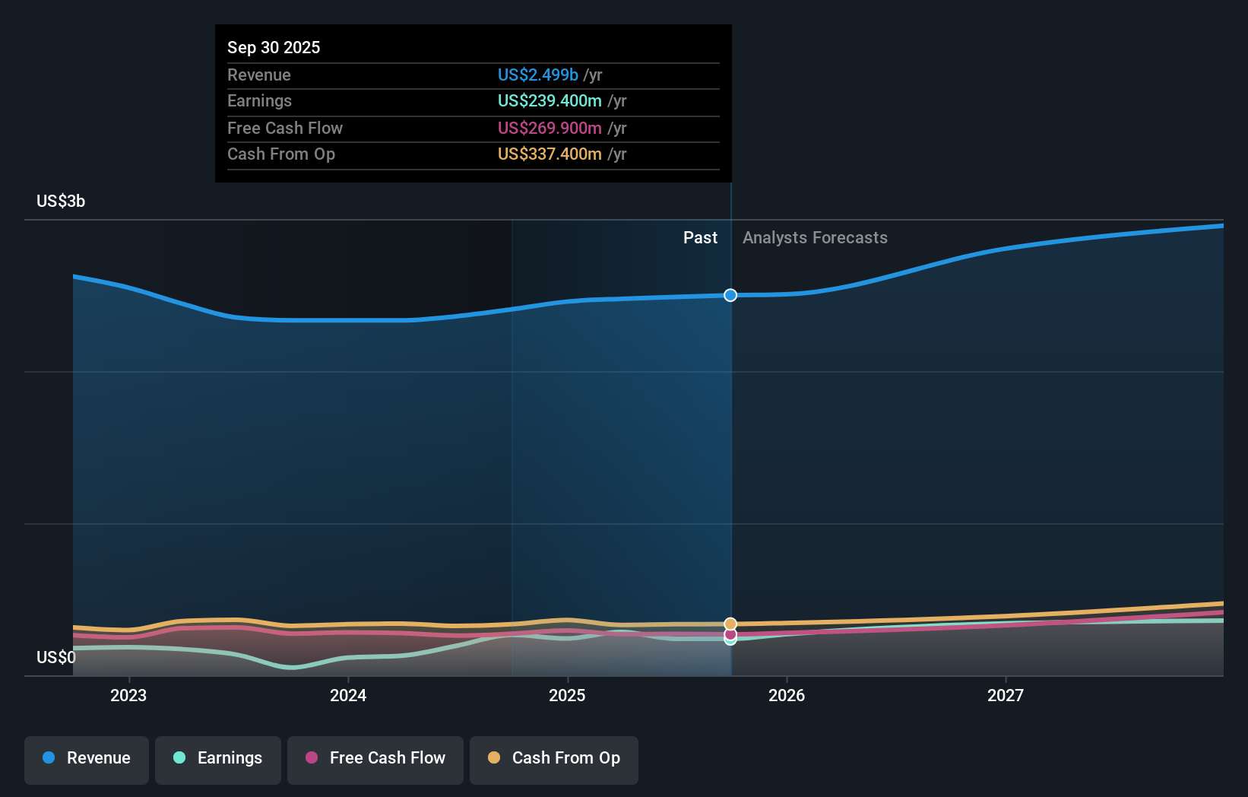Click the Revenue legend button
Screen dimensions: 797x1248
click(87, 759)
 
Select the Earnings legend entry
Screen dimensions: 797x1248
click(218, 759)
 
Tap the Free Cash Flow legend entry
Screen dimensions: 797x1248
click(375, 759)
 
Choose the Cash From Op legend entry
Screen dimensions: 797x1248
click(554, 759)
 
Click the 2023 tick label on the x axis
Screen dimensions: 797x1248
click(128, 696)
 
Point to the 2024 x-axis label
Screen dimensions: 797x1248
click(348, 696)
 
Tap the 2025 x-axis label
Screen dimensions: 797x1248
click(567, 696)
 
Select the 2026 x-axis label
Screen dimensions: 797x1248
click(787, 696)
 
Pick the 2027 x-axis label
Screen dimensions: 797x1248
click(1006, 696)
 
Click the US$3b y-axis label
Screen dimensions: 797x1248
click(61, 202)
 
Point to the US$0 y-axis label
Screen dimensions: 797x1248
click(56, 658)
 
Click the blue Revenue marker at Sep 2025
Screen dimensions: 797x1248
click(730, 295)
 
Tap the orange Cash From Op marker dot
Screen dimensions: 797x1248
click(730, 624)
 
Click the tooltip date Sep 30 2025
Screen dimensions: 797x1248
click(274, 48)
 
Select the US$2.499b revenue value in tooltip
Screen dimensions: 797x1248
click(538, 75)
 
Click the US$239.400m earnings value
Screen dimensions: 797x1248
click(550, 101)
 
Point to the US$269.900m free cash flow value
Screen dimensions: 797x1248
click(550, 129)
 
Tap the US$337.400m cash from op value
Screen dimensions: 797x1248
click(550, 154)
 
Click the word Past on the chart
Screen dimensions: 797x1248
click(700, 238)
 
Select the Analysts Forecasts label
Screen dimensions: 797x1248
click(815, 238)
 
